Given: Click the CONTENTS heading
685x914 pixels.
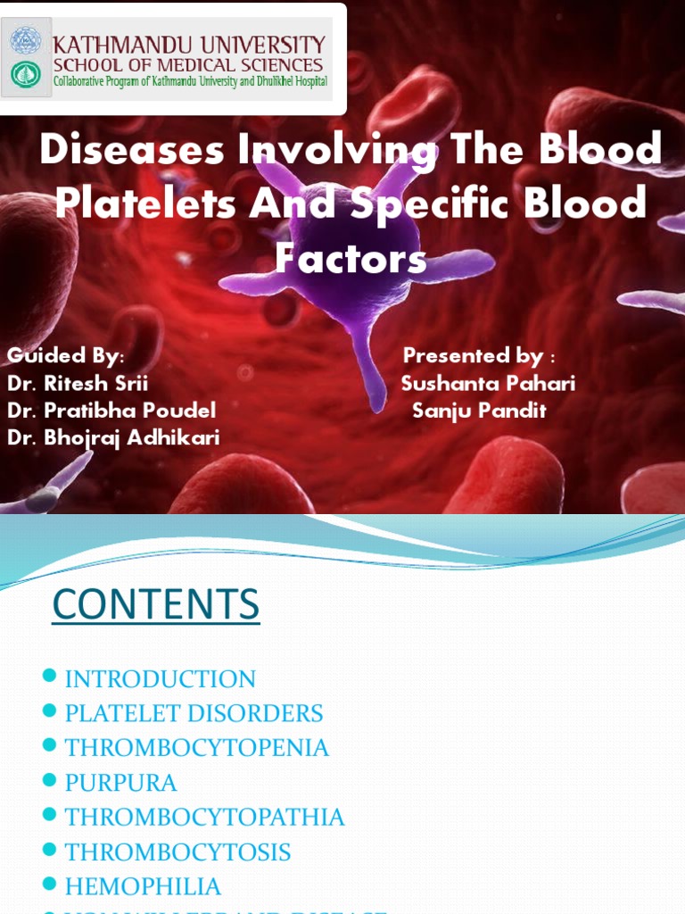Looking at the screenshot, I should tap(156, 604).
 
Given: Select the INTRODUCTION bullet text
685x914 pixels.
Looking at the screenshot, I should tap(161, 679).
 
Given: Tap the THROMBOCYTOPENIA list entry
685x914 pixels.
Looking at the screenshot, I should tap(197, 748).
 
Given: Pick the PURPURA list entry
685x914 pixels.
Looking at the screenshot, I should tap(121, 783).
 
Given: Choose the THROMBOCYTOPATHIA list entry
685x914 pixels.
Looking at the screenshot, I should tap(205, 818).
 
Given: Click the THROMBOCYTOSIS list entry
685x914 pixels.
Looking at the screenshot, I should tap(178, 852).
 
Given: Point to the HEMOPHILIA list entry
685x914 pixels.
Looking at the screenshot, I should tap(144, 887).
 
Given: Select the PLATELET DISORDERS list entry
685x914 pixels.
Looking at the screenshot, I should tap(194, 714).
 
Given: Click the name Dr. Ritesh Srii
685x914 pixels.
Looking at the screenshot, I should tap(78, 384).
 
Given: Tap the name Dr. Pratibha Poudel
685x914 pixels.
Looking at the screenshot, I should tap(111, 411).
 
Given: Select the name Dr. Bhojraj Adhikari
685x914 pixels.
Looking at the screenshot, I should tap(113, 438).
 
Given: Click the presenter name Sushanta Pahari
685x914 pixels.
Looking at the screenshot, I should tap(488, 384).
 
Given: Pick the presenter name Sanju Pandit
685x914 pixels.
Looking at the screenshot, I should tap(479, 411).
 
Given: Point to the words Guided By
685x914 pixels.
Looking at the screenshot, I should tap(65, 355).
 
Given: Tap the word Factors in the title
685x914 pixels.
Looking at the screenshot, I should tap(351, 260).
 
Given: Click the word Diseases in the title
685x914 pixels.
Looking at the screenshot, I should tap(131, 151).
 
